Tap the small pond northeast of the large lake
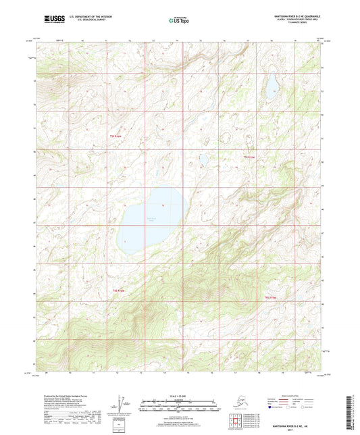click(202, 160)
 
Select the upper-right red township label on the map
click(250, 158)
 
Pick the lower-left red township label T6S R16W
click(118, 290)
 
